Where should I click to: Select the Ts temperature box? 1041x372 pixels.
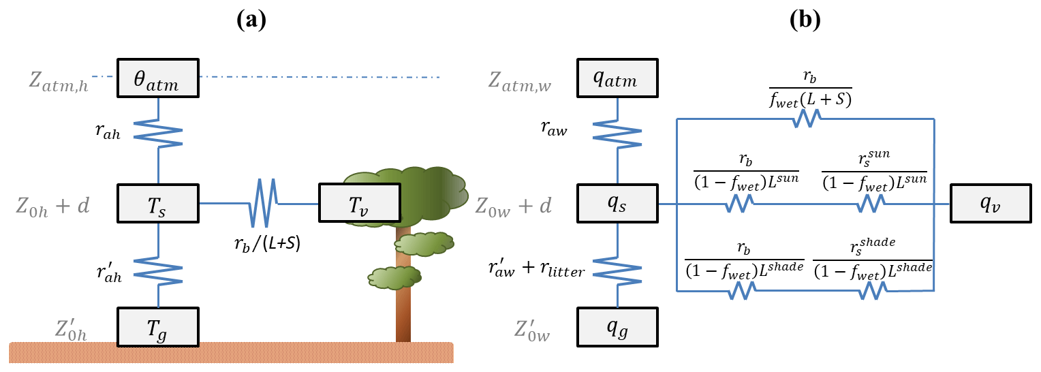point(158,203)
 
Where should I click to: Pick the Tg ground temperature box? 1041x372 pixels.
point(158,326)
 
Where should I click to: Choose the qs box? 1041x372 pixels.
point(617,203)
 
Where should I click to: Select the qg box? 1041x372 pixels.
point(617,326)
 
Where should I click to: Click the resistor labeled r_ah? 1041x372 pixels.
point(158,132)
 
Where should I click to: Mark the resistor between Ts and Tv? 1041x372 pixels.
point(265,203)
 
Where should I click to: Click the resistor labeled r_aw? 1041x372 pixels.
point(617,132)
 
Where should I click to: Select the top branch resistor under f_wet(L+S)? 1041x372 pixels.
point(806,119)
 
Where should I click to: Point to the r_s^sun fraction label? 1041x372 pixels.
point(874,171)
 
